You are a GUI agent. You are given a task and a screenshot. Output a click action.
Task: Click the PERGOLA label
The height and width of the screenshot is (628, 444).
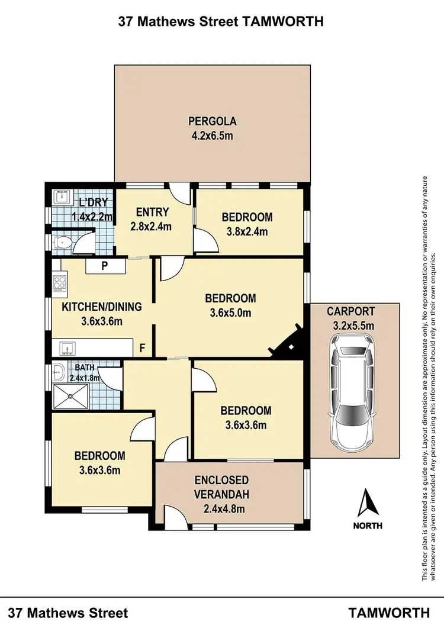pyautogui.click(x=212, y=121)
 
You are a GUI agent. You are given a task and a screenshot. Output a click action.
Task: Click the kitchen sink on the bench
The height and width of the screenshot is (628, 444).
pyautogui.click(x=66, y=346)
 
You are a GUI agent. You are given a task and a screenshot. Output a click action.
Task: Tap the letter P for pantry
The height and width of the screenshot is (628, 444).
pyautogui.click(x=104, y=266)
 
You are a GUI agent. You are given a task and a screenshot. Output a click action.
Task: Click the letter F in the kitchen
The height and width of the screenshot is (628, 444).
pyautogui.click(x=141, y=347)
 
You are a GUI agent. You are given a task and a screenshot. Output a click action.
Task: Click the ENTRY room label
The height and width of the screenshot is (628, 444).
pyautogui.click(x=153, y=212)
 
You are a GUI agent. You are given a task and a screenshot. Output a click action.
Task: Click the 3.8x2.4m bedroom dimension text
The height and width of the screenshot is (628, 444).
pyautogui.click(x=247, y=231)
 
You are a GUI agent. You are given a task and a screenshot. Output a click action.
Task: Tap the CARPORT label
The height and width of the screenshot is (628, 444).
pyautogui.click(x=350, y=311)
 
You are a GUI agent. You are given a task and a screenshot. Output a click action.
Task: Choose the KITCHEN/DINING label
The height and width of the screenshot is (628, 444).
pyautogui.click(x=102, y=307)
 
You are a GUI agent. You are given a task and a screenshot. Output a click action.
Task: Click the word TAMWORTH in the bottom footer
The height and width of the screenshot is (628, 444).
pyautogui.click(x=389, y=613)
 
